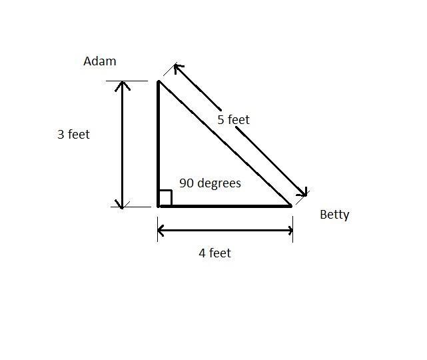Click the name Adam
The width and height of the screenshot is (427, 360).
coord(100,61)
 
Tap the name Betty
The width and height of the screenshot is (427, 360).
coord(334,215)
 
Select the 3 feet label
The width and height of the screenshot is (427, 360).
coord(73,134)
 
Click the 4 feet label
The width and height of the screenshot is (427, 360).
coord(214,253)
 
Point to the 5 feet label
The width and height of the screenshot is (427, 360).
coord(233,120)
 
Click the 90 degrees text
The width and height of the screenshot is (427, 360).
coord(210,183)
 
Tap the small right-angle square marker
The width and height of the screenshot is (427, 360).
coord(165,198)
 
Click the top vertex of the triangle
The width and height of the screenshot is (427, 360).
coord(159,81)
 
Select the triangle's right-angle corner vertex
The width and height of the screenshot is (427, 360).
coord(159,206)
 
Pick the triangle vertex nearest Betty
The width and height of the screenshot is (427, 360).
coord(292,206)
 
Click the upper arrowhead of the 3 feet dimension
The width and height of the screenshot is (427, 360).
coord(122,85)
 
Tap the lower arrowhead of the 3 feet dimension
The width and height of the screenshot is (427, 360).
coord(122,204)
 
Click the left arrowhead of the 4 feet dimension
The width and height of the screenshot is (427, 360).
coord(161,231)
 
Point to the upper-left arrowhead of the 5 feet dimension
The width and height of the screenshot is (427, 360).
coord(177,67)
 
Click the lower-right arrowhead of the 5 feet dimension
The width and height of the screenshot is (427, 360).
coord(304,194)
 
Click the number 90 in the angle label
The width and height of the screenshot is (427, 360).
coord(186,183)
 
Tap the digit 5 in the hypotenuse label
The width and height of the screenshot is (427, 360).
coord(221,120)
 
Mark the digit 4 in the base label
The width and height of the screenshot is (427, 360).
coord(203,253)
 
